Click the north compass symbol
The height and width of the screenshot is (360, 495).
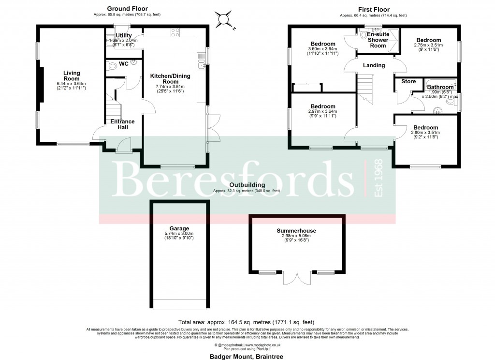pos(224,19)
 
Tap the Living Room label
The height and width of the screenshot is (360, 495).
pos(72,76)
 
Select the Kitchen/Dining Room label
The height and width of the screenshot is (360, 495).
pos(170,79)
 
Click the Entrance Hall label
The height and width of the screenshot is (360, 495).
pos(123,124)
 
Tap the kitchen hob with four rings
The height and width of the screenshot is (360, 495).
pos(175,33)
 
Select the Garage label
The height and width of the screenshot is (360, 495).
pos(179,228)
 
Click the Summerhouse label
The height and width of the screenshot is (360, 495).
pos(296,231)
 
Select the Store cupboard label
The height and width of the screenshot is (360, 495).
pos(408,82)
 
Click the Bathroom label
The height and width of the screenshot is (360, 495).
pos(440,87)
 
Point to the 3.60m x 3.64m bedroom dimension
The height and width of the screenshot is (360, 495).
pos(323,48)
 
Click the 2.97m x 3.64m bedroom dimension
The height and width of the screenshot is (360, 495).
pos(323,112)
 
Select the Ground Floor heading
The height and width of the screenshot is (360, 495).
pos(127,9)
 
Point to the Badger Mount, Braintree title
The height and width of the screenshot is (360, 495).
pos(247,356)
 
